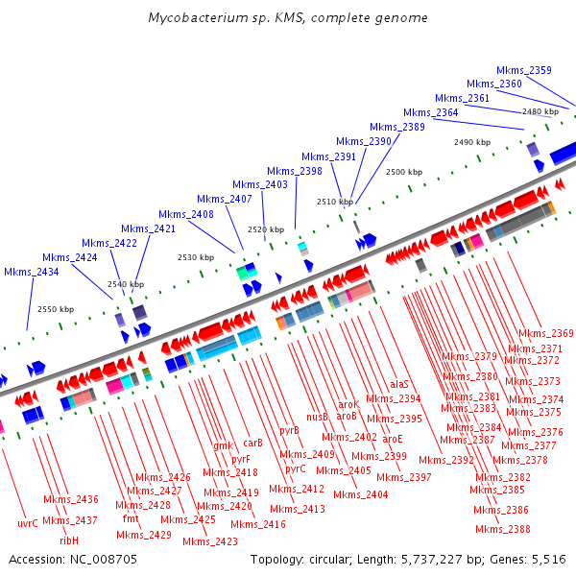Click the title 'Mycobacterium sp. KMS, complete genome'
[x=288, y=18]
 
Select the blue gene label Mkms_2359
[x=524, y=70]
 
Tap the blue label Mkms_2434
[x=32, y=272]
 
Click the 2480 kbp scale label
[x=540, y=112]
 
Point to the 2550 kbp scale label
[x=56, y=309]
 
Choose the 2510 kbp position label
[x=335, y=202]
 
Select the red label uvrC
[x=28, y=523]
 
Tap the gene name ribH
[x=69, y=540]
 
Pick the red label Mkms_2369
[x=546, y=333]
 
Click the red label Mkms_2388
[x=503, y=529]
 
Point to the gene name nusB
[x=317, y=417]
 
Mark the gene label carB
[x=252, y=444]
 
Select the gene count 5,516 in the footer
[x=546, y=559]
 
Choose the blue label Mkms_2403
[x=260, y=184]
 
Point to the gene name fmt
[x=131, y=518]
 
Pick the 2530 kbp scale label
[x=196, y=257]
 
